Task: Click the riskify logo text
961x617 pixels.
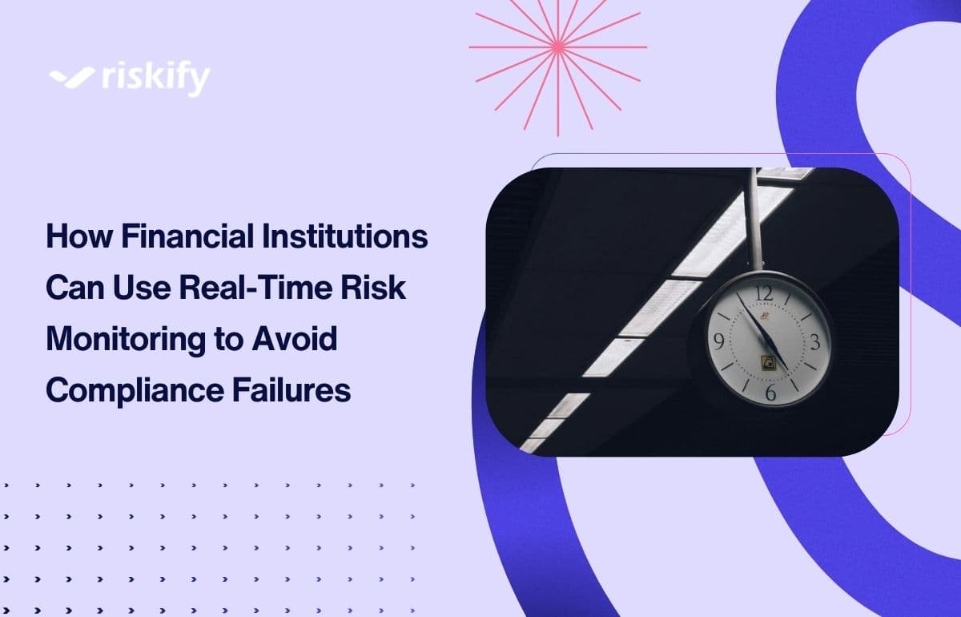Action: pyautogui.click(x=156, y=79)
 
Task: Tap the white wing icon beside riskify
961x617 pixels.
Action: pyautogui.click(x=73, y=78)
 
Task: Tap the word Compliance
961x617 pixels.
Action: pyautogui.click(x=136, y=390)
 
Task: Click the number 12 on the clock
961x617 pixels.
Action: pyautogui.click(x=765, y=293)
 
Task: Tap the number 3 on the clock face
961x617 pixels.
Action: pyautogui.click(x=815, y=342)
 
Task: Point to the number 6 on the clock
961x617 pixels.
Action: pyautogui.click(x=770, y=392)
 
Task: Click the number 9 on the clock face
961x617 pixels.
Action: pyautogui.click(x=719, y=343)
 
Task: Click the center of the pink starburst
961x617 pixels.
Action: pyautogui.click(x=557, y=47)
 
